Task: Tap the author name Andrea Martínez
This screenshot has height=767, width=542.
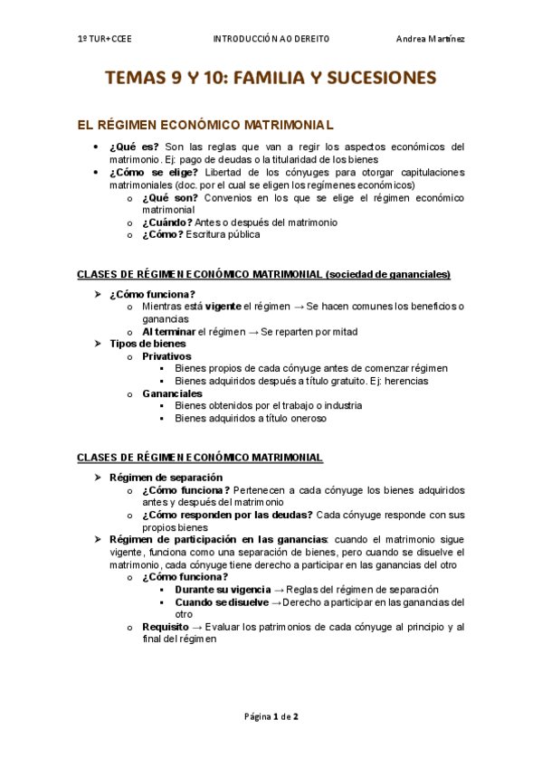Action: click(x=430, y=39)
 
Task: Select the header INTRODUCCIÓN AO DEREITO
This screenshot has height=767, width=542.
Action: click(x=271, y=39)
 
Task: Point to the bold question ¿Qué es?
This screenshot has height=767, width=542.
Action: click(x=134, y=147)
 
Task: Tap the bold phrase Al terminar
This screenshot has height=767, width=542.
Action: click(x=168, y=331)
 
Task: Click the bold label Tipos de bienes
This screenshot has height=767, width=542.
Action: click(x=147, y=344)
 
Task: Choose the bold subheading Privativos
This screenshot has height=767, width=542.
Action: click(x=166, y=356)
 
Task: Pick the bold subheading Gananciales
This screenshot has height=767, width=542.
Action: click(x=172, y=393)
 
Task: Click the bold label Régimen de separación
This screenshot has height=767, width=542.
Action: click(x=166, y=477)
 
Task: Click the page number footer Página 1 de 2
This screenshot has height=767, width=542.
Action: click(x=271, y=716)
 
